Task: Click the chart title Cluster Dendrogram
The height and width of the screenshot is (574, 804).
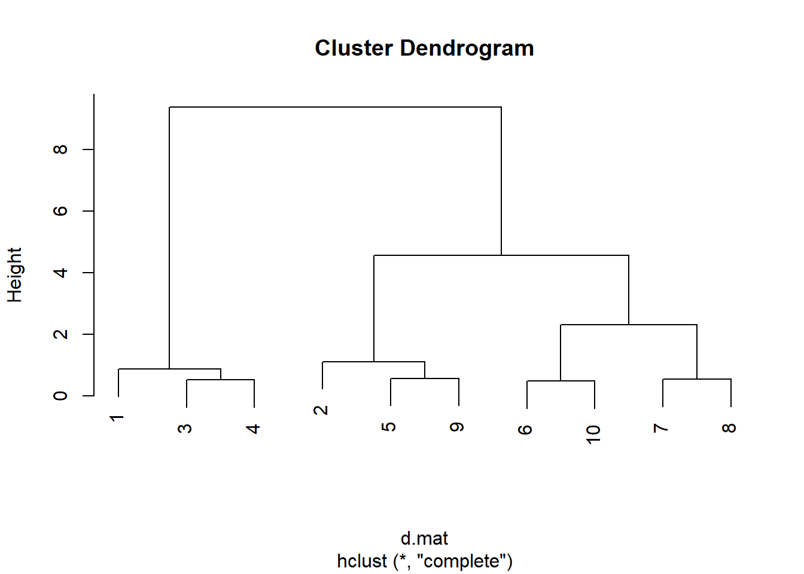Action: click(x=424, y=48)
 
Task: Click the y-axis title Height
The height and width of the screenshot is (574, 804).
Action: click(x=15, y=275)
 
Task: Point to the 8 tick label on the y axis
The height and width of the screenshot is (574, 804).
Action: click(x=60, y=149)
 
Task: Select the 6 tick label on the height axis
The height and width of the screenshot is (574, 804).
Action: click(x=60, y=211)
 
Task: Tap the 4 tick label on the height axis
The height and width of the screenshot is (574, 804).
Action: click(x=60, y=273)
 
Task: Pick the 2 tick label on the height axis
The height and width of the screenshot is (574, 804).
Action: click(x=60, y=334)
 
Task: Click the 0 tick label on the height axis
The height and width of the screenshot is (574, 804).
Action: click(x=60, y=396)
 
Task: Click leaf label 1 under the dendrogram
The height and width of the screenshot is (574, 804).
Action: click(x=117, y=418)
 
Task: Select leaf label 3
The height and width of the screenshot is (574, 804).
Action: click(x=185, y=428)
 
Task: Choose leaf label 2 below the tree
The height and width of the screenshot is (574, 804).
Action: click(x=321, y=410)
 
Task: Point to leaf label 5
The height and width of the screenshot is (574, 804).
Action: click(x=389, y=427)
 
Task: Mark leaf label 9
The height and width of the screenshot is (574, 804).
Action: click(x=457, y=427)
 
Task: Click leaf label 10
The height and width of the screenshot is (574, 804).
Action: click(x=593, y=435)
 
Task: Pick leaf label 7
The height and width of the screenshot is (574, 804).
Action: click(x=661, y=428)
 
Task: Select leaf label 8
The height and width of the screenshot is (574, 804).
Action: click(x=729, y=428)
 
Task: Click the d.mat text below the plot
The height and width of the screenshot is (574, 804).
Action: click(x=424, y=538)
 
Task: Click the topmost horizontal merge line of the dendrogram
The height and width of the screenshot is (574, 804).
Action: click(x=335, y=107)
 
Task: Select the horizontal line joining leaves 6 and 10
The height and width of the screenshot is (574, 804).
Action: click(x=561, y=381)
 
